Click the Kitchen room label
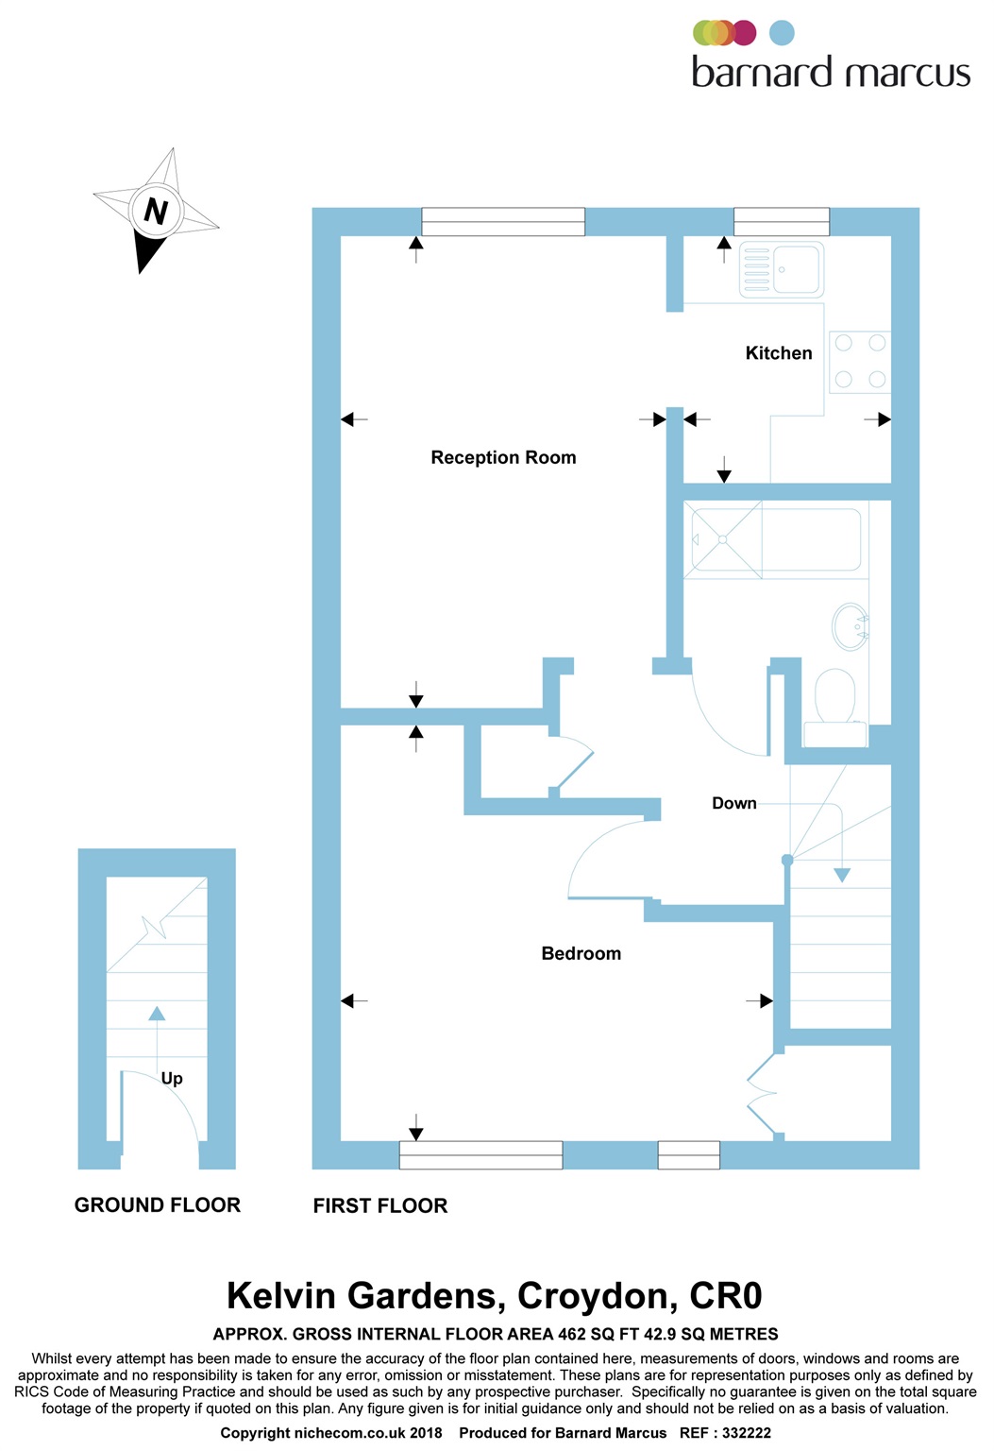[x=778, y=353]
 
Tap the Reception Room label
[x=503, y=458]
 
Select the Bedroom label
[x=581, y=954]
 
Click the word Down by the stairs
[x=733, y=804]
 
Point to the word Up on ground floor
[x=172, y=1079]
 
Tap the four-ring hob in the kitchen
[x=859, y=361]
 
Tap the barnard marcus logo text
[x=831, y=73]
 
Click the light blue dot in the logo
[x=782, y=33]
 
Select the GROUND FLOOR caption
[x=158, y=1205]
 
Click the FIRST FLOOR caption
[x=380, y=1206]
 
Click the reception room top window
[x=503, y=222]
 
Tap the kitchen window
[x=782, y=222]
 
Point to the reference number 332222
[x=747, y=1433]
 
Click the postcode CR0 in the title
[x=725, y=1296]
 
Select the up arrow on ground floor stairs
[x=157, y=1015]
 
